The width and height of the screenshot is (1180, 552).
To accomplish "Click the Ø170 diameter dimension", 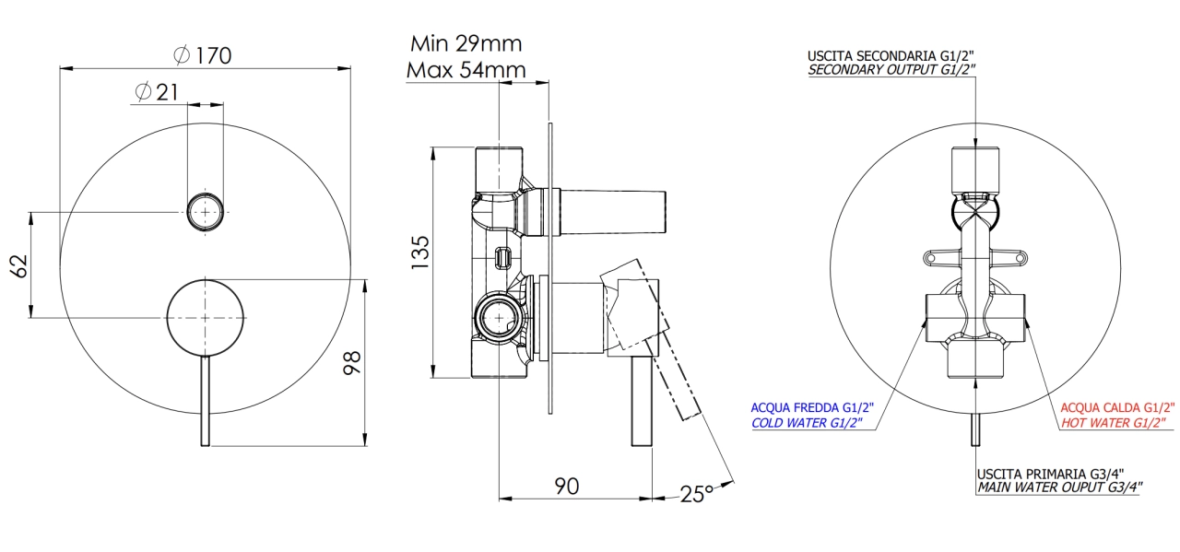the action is [202, 55].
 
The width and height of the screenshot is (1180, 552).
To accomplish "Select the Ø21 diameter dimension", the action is [157, 92].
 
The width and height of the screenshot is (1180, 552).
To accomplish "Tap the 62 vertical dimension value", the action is [19, 266].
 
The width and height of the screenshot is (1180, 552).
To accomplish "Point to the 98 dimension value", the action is [352, 363].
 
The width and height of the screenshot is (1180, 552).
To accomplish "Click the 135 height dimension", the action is [420, 253].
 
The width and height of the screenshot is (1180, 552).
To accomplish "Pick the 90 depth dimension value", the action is [567, 487].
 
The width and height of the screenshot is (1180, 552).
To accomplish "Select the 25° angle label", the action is [696, 494].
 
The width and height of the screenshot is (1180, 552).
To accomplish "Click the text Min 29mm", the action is [466, 43].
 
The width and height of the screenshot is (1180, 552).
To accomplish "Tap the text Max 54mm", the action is [466, 70].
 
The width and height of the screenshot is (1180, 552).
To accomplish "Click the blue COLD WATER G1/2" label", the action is [807, 423].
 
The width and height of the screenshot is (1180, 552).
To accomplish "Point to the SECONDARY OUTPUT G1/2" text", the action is [891, 69].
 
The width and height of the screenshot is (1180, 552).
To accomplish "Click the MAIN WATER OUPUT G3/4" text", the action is [1060, 487].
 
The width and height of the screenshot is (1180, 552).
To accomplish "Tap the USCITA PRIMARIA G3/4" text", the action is [1050, 474].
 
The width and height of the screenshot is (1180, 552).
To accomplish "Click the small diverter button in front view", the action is [205, 212].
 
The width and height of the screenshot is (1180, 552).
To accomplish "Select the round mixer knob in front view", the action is [205, 318].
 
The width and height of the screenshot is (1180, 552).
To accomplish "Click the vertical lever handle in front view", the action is [205, 401].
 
